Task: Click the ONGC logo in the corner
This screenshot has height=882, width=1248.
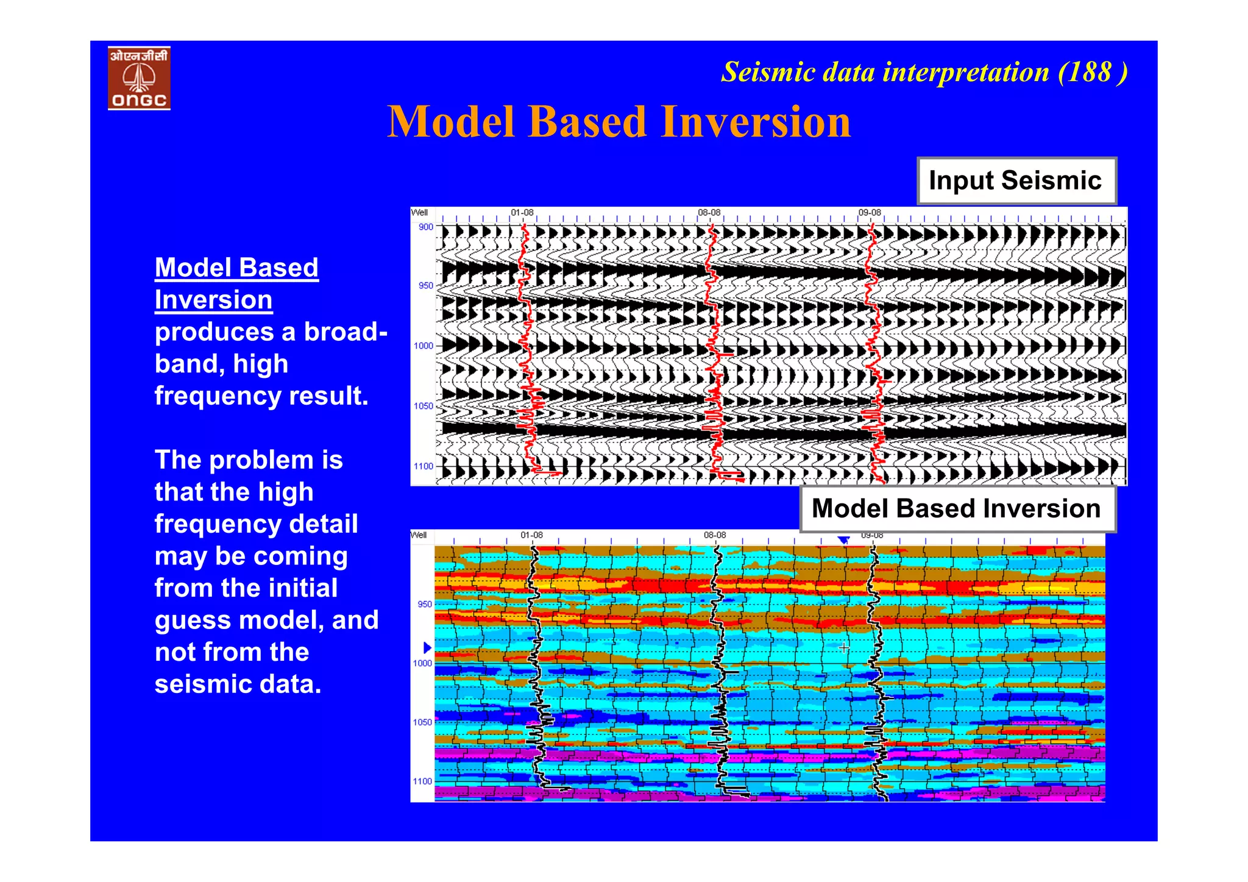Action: click(139, 78)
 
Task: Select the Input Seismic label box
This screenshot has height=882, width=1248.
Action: click(1016, 180)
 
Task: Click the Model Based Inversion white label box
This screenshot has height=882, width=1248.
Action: click(957, 508)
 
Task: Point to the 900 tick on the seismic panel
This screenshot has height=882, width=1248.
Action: click(425, 227)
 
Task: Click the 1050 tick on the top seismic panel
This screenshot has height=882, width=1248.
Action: click(424, 406)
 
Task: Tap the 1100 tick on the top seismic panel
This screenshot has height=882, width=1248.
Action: click(424, 466)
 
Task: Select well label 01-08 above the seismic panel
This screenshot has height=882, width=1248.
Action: click(522, 213)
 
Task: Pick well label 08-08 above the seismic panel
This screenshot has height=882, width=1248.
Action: click(709, 213)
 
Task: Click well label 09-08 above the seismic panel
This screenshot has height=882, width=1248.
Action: click(870, 213)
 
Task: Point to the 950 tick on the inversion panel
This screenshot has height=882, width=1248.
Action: click(424, 604)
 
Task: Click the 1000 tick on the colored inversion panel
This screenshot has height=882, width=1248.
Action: click(422, 663)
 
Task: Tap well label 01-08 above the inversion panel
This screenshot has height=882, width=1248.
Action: click(531, 535)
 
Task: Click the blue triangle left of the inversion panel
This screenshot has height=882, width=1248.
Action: click(427, 647)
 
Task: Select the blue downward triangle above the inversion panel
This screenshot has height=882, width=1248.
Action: click(843, 540)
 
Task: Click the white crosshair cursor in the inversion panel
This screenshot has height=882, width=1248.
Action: click(844, 648)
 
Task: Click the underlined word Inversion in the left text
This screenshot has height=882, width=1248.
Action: click(213, 300)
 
